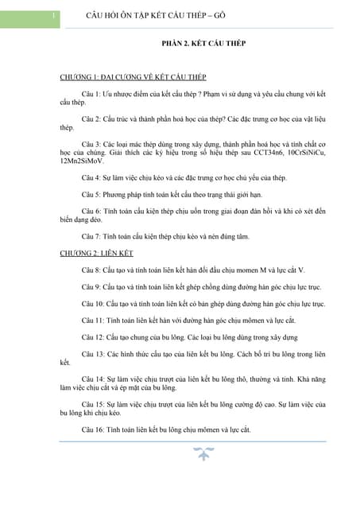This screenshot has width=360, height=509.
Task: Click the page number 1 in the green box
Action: click(x=54, y=15)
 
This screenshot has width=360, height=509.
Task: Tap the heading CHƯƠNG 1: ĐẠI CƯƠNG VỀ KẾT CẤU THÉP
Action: click(x=133, y=77)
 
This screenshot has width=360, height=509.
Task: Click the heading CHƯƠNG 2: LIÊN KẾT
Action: click(x=96, y=253)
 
